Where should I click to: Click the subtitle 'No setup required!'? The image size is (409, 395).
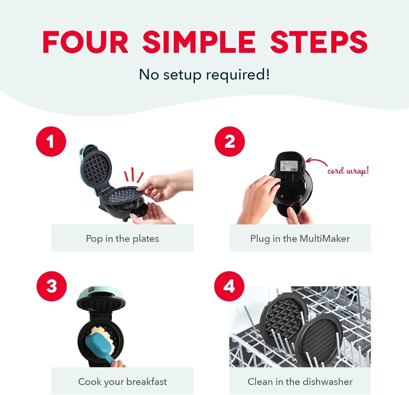[204, 74]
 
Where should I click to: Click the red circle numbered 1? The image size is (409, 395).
[52, 142]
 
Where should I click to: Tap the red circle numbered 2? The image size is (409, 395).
[229, 142]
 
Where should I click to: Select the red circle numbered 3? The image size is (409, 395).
[52, 286]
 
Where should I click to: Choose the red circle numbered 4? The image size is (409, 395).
[229, 286]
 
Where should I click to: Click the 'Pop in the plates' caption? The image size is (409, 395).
[122, 238]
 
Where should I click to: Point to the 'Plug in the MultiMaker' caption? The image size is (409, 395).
[300, 238]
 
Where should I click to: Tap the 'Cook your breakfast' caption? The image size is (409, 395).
[122, 381]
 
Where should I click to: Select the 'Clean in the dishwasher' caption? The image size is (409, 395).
[300, 381]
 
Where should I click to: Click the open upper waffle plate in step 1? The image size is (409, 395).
[96, 168]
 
